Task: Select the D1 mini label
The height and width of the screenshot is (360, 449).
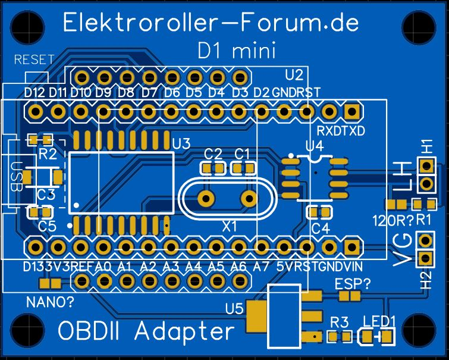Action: coord(236,52)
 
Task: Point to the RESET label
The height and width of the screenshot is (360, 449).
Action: coord(34,60)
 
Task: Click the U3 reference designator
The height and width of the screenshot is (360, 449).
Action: coord(181,143)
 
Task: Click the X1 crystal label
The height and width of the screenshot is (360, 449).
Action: coord(229,226)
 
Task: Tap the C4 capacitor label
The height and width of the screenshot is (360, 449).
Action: coord(320,228)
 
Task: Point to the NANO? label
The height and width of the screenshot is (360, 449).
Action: coord(51,302)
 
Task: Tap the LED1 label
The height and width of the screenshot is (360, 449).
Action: coord(380,321)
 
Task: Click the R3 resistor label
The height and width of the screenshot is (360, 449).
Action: coord(339,322)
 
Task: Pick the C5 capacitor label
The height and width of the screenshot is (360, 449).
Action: coord(47,226)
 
